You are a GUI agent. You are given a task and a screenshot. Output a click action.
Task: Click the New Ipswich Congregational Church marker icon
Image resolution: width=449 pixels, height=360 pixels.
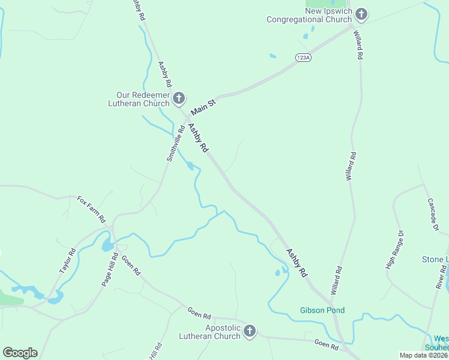361,14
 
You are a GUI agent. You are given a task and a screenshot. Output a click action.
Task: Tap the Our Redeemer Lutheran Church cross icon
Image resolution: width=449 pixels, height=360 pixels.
178,98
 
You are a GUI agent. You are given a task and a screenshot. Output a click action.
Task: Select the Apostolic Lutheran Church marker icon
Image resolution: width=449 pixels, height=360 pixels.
250,331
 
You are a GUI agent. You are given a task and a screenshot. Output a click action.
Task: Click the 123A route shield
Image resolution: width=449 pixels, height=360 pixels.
303,58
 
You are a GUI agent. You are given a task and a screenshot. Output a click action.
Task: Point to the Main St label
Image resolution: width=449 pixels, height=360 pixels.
203,107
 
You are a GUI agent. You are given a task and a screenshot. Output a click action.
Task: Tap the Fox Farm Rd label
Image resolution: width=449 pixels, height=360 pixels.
91,208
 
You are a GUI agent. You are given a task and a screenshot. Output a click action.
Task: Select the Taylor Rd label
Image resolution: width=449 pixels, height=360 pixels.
68,261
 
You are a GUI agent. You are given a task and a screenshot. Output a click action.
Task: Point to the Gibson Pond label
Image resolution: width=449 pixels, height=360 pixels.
322,310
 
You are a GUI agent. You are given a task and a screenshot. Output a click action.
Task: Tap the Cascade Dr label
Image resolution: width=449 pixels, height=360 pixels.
433,215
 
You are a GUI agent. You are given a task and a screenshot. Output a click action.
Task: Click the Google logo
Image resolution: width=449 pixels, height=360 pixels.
20,353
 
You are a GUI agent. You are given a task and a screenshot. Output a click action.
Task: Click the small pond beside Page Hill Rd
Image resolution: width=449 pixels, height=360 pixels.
107,245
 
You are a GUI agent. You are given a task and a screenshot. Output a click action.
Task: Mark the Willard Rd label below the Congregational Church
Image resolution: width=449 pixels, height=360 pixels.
360,45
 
